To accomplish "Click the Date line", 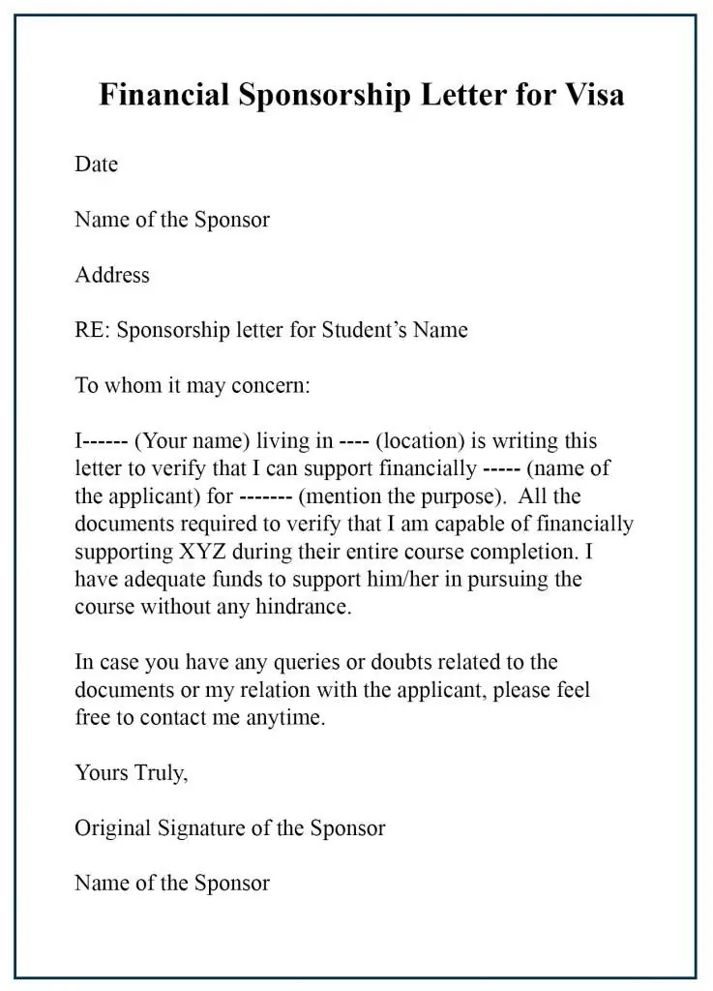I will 96,165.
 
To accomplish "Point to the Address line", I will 112,275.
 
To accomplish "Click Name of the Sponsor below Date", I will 171,220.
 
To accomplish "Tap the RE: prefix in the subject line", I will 94,330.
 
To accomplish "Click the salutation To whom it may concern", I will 193,385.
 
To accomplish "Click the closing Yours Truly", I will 131,772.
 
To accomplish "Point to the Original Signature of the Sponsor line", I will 229,828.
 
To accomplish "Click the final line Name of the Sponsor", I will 171,883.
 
